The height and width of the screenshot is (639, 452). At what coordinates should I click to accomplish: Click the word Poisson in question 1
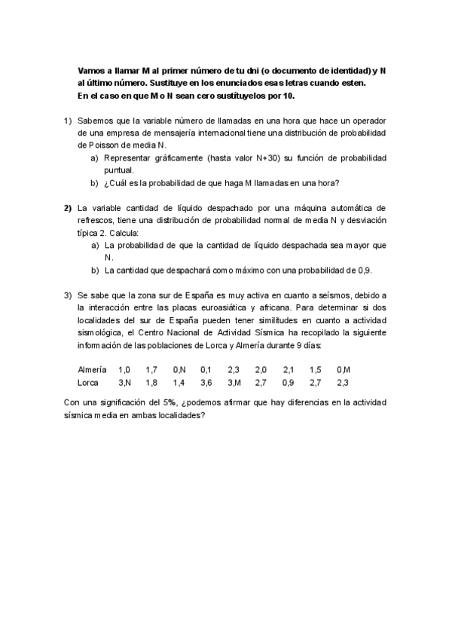(93, 145)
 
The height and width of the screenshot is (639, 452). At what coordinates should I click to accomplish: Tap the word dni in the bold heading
(240, 69)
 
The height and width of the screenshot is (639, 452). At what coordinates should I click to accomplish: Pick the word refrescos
(97, 220)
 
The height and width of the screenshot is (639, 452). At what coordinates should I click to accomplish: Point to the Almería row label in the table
(93, 370)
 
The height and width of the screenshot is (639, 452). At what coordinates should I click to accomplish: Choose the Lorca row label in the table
(89, 383)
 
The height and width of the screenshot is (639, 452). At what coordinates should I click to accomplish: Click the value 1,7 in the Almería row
(151, 370)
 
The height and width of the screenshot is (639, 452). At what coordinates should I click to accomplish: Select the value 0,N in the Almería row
(179, 370)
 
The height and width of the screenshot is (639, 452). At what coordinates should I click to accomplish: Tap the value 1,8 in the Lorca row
(151, 383)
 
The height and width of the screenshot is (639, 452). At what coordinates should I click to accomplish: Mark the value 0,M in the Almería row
(344, 370)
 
